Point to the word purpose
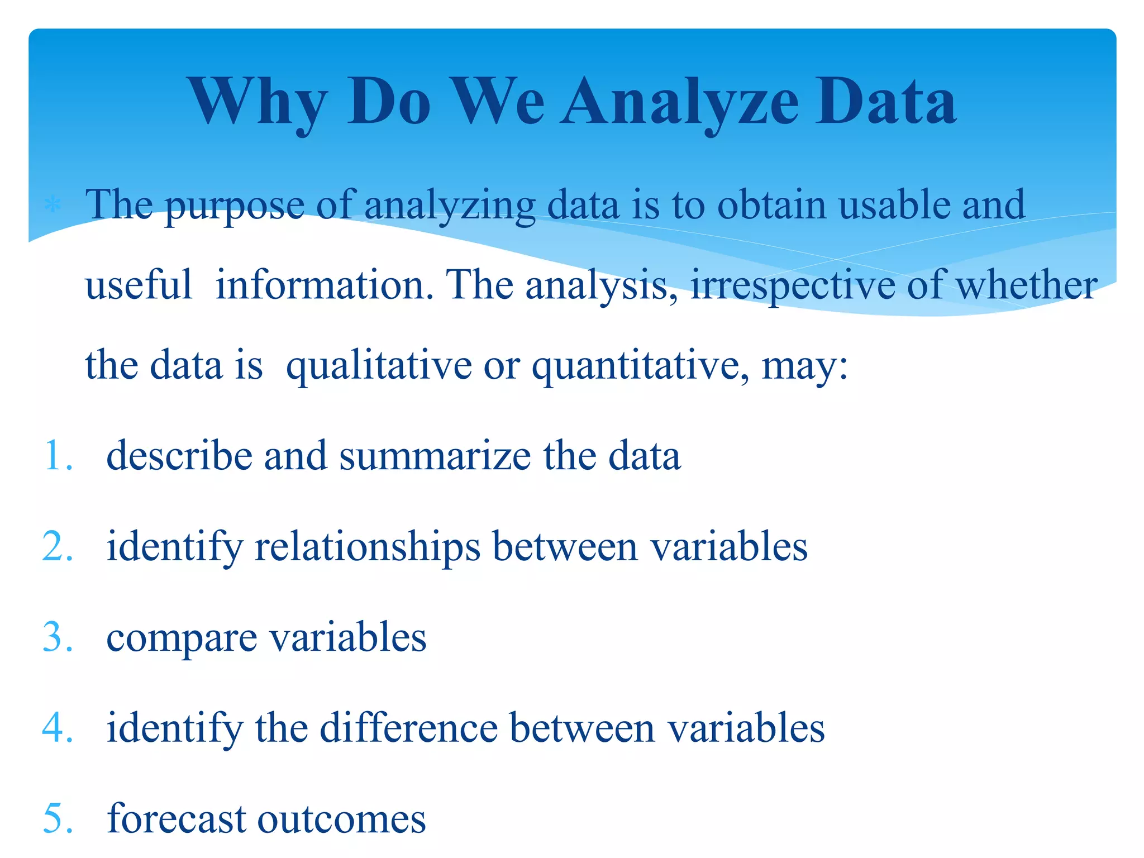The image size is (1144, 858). tap(235, 206)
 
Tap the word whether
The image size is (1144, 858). tap(1026, 285)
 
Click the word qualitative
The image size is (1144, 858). tap(379, 366)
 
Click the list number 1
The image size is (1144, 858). tap(58, 456)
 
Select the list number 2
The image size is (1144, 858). tap(58, 546)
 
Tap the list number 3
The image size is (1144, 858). tap(58, 637)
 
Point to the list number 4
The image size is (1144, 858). tap(58, 728)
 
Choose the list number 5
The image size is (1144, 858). tap(58, 819)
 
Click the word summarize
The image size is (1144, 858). tap(435, 456)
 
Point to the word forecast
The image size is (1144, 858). tap(176, 819)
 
